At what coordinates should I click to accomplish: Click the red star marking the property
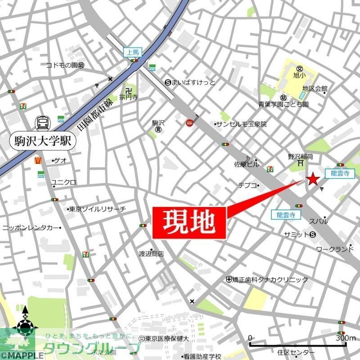click(x=312, y=180)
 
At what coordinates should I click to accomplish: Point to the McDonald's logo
click(x=40, y=160)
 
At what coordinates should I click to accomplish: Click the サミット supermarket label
click(x=296, y=234)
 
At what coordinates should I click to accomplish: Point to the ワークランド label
click(x=335, y=249)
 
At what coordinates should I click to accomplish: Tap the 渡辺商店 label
click(x=151, y=254)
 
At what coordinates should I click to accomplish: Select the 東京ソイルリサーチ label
click(x=97, y=209)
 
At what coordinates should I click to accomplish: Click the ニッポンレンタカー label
click(x=31, y=228)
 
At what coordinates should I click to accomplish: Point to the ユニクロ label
click(x=64, y=182)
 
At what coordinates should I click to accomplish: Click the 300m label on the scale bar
click(x=346, y=338)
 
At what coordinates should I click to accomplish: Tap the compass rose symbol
click(x=25, y=324)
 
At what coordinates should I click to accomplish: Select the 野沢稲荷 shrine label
click(x=301, y=157)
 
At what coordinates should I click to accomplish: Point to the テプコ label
click(x=247, y=185)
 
